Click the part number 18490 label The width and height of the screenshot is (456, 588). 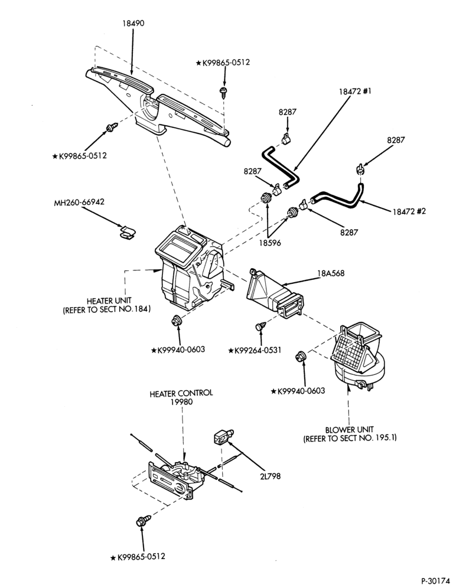click(133, 23)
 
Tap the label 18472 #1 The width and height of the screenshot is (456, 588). click(355, 91)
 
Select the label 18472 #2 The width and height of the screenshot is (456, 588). click(409, 211)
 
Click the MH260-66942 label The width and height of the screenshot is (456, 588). click(79, 202)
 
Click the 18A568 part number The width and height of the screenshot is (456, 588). click(331, 273)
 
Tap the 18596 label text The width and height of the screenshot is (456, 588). click(269, 243)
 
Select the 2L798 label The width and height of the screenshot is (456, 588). click(270, 476)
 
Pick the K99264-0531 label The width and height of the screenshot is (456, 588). click(255, 350)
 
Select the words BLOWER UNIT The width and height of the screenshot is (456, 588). click(350, 429)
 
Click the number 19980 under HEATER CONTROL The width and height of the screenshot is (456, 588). click(181, 401)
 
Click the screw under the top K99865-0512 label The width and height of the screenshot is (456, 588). click(224, 92)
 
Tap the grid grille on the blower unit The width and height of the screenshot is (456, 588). click(351, 352)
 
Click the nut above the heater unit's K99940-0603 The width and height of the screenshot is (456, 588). click(175, 321)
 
